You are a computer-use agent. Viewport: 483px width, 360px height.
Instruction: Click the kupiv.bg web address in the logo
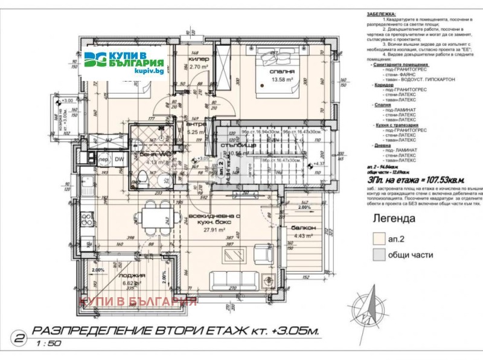pos(149,71)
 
